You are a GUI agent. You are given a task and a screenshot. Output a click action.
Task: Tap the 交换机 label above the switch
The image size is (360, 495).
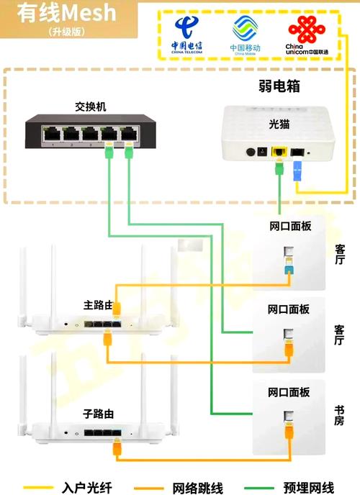(91, 106)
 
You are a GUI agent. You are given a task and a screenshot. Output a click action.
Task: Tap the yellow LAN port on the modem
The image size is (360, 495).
(278, 152)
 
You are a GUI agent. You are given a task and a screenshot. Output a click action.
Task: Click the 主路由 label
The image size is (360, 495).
(98, 306)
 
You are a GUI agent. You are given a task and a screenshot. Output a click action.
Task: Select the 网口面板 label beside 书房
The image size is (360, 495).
(289, 392)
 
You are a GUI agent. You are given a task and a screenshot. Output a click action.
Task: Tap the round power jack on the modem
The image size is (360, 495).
(252, 152)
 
